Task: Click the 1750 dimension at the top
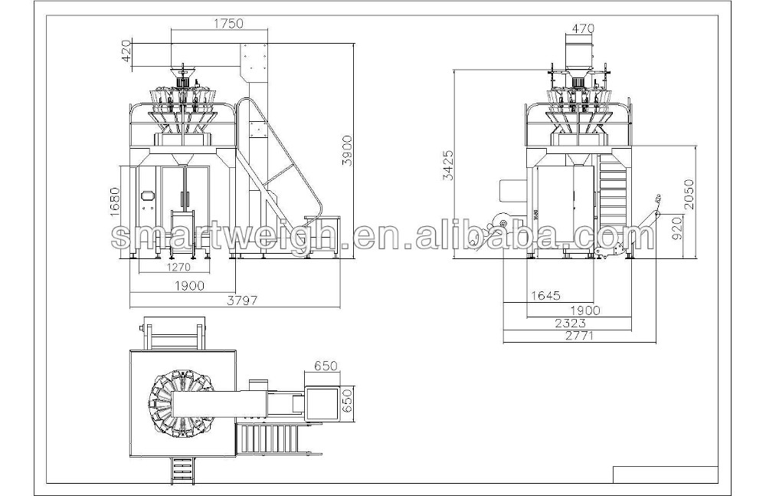[228, 23]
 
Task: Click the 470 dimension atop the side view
[582, 29]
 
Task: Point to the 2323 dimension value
[573, 323]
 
